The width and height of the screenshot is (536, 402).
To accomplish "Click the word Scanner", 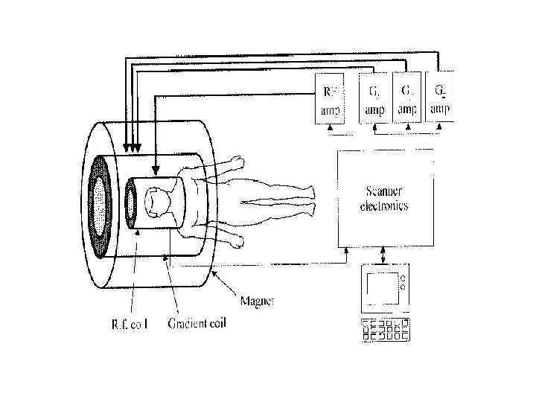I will (384, 191).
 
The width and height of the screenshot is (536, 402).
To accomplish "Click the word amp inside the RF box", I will (331, 110).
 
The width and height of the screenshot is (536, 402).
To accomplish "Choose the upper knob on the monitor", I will (403, 279).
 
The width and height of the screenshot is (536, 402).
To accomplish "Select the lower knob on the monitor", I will (403, 287).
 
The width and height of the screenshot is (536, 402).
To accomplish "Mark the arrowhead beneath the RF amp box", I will (331, 129).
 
